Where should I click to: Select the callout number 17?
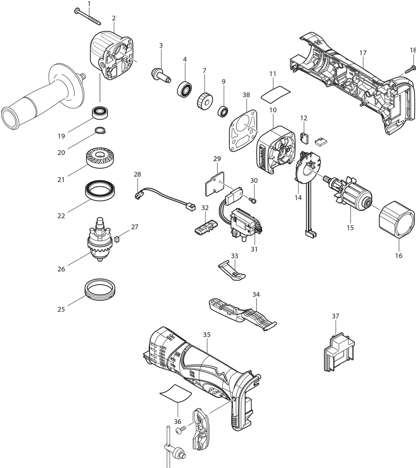[x=363, y=53]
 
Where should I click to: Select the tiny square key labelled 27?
[x=117, y=238]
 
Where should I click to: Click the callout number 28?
[x=137, y=174]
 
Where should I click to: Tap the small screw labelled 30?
[x=253, y=199]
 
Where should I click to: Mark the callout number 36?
[x=178, y=422]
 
